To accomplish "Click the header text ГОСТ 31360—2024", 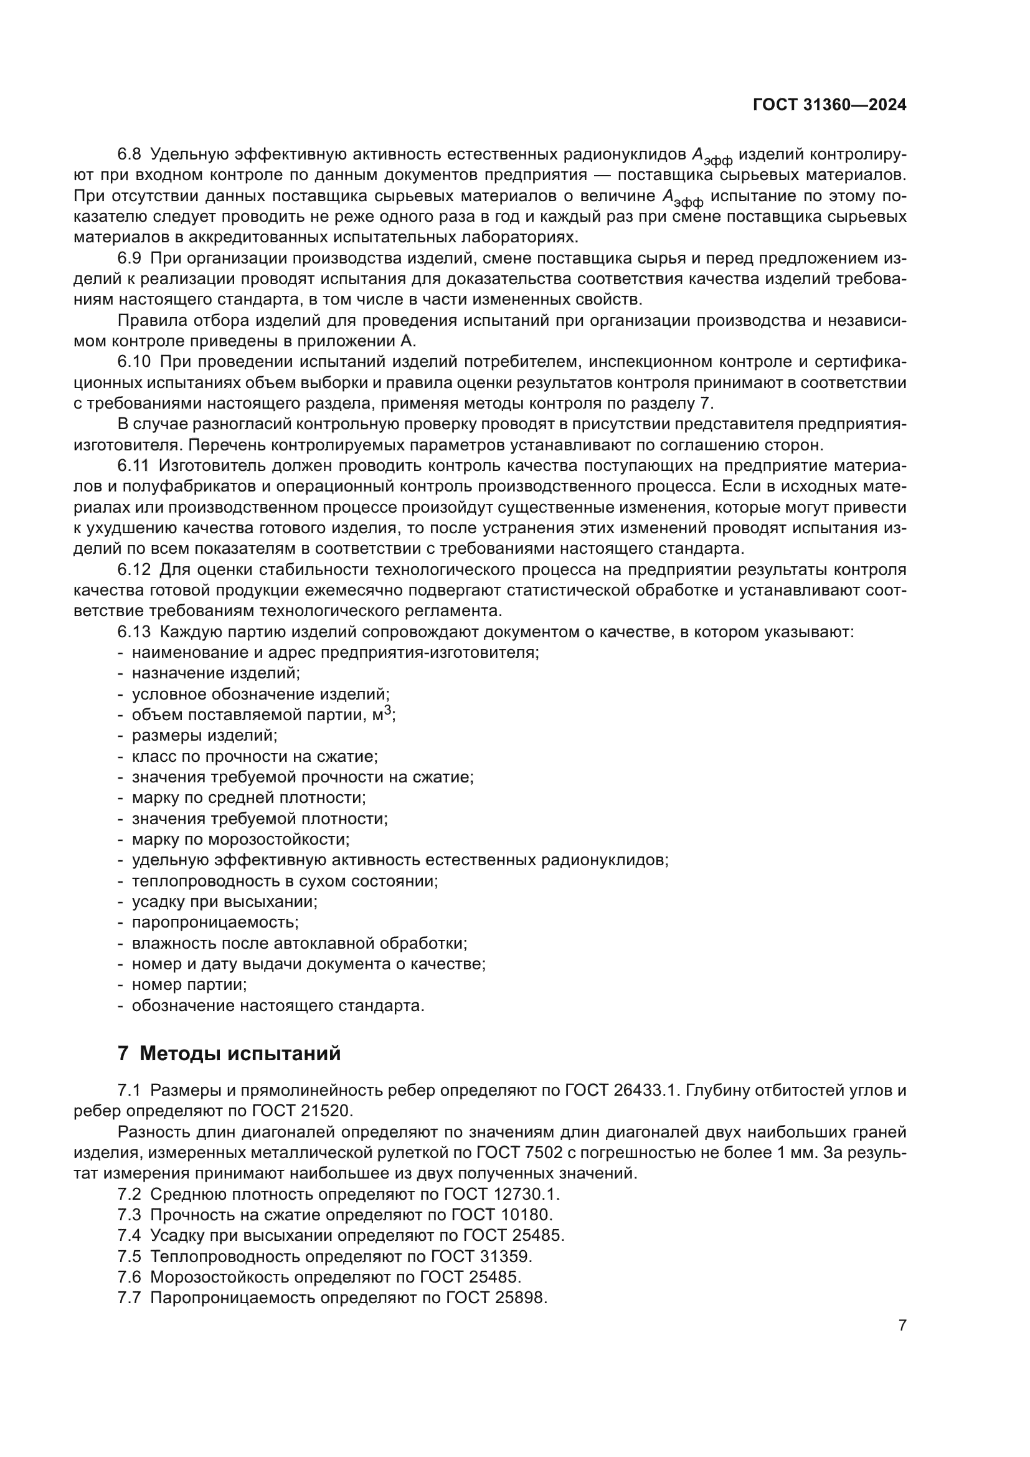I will tap(829, 105).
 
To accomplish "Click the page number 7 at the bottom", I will tap(902, 1325).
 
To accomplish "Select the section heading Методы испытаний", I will tap(240, 1053).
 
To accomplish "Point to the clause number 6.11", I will tap(133, 466).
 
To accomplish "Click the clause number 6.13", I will tap(134, 632).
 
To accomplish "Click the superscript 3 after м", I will tap(388, 711).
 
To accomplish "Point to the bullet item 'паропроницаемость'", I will tap(215, 922).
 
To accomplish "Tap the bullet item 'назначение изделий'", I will tap(215, 673).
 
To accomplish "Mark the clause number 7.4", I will tap(129, 1235).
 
